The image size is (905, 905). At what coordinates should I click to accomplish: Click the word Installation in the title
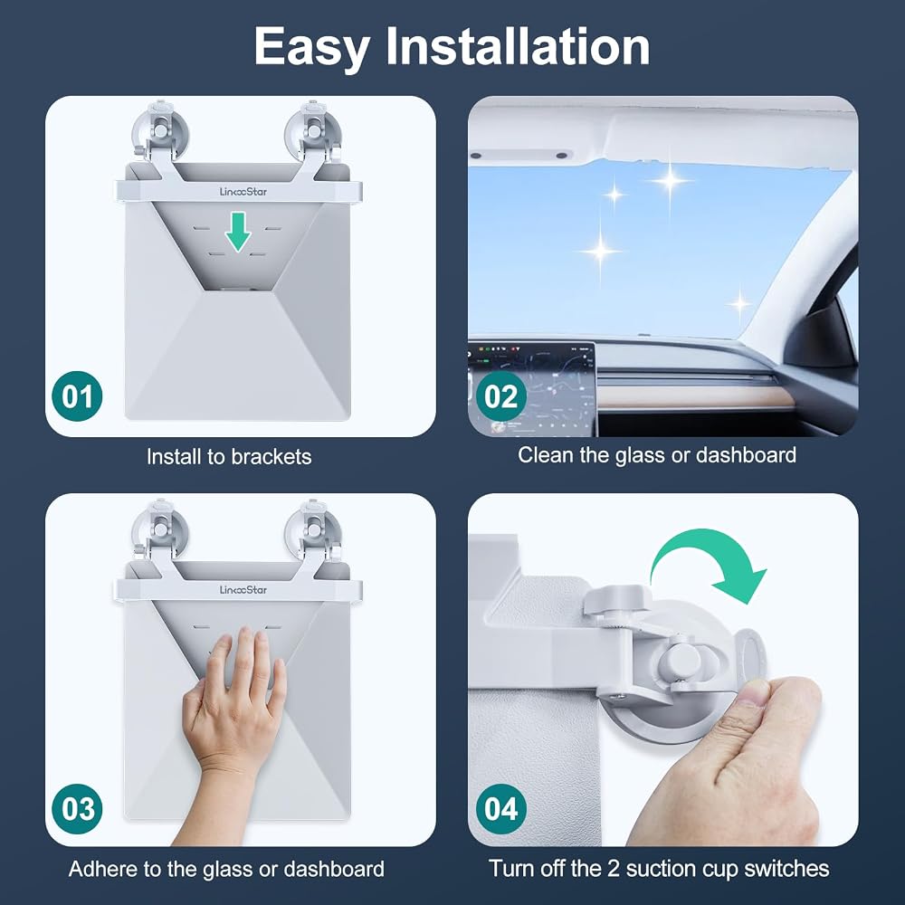click(518, 45)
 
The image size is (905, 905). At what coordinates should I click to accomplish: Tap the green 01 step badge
click(77, 396)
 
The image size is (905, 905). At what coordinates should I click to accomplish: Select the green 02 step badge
click(501, 396)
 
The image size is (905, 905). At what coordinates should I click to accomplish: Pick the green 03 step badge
click(77, 808)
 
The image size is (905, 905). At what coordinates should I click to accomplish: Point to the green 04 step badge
click(501, 808)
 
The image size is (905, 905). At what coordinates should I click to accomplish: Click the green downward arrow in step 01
click(238, 232)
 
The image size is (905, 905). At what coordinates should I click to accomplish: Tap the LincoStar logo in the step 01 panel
click(243, 192)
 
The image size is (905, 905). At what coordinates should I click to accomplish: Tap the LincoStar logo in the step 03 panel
click(243, 590)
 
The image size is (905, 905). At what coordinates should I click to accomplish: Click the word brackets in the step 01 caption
click(271, 456)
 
